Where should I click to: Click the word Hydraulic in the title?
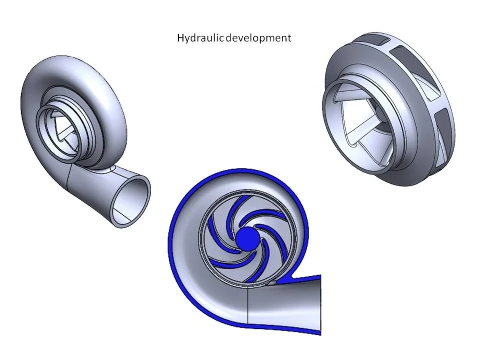(195, 38)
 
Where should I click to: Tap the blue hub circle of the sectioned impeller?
(246, 237)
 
